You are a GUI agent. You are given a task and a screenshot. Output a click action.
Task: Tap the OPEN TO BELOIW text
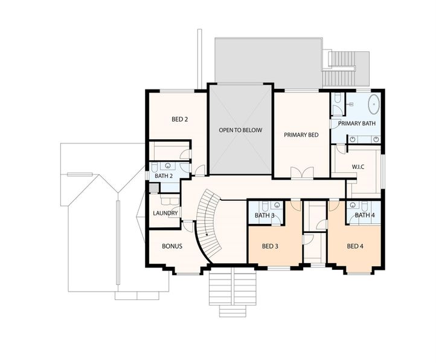pyautogui.click(x=240, y=130)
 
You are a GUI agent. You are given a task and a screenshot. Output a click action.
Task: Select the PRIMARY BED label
pyautogui.click(x=301, y=134)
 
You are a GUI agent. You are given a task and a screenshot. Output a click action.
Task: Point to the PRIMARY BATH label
pyautogui.click(x=356, y=123)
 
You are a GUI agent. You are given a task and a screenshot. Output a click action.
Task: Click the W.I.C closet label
pyautogui.click(x=361, y=167)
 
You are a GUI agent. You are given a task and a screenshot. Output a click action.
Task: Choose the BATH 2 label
pyautogui.click(x=164, y=176)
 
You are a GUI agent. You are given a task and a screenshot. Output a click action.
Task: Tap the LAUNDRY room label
pyautogui.click(x=165, y=213)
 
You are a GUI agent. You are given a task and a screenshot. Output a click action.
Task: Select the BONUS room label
pyautogui.click(x=172, y=247)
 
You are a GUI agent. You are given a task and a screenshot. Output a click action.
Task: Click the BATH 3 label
pyautogui.click(x=264, y=215)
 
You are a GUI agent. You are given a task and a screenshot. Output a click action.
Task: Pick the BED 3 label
pyautogui.click(x=270, y=246)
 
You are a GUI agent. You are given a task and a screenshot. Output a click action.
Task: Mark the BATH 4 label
pyautogui.click(x=364, y=215)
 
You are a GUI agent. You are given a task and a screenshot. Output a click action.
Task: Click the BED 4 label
pyautogui.click(x=355, y=246)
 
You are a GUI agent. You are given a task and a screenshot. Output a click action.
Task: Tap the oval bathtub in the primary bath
pyautogui.click(x=374, y=104)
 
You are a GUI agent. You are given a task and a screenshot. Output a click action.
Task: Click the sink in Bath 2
pyautogui.click(x=168, y=166)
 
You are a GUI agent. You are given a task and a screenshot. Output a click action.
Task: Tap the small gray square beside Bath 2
pyautogui.click(x=154, y=188)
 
